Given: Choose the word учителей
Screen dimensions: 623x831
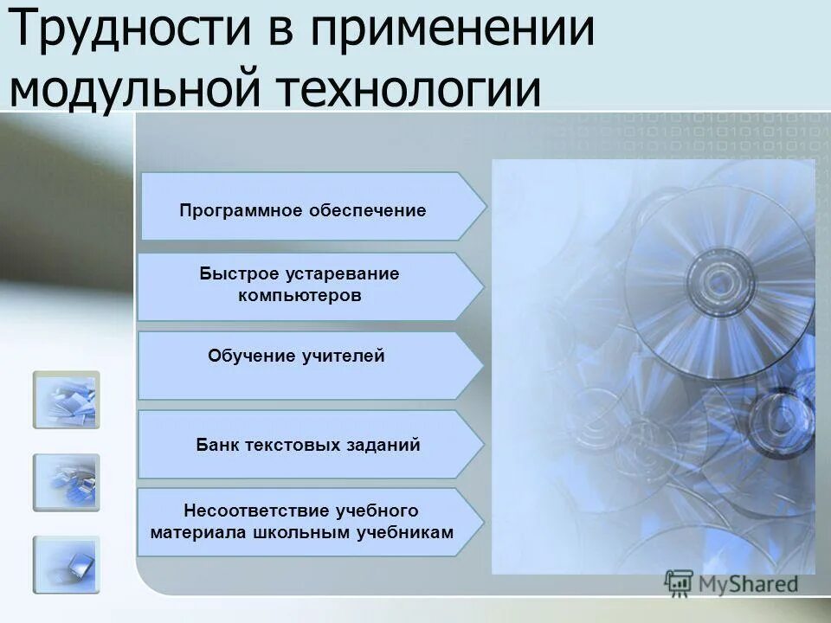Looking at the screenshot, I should point(342,356).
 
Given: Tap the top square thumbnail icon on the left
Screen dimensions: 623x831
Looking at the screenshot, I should point(67,400).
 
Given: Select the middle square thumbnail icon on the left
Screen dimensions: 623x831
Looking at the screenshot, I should point(67,482).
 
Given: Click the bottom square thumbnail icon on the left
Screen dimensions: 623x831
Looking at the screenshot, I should point(67,564).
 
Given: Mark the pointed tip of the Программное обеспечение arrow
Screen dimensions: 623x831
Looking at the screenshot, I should point(486,206).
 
